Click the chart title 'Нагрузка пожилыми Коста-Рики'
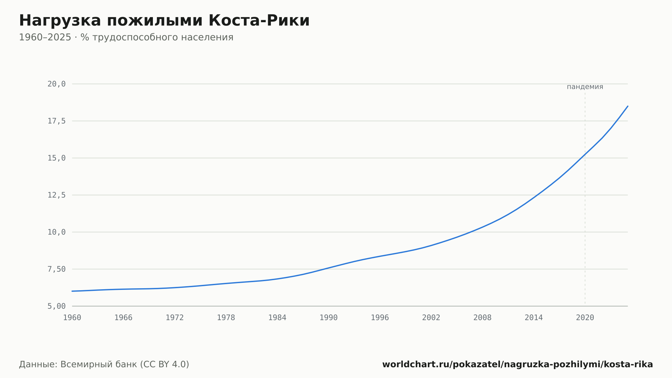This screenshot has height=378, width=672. point(164,21)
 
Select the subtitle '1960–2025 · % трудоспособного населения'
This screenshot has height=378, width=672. point(126,37)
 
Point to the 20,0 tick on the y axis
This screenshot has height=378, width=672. point(56,84)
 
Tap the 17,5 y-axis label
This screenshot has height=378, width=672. point(56,121)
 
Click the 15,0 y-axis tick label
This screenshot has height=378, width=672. point(56,158)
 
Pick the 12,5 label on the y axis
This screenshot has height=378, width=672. point(56,195)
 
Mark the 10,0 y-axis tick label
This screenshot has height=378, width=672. point(56,232)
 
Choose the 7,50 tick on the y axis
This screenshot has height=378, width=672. point(56,269)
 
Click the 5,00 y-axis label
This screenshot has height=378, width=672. point(56,306)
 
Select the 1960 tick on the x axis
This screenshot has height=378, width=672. point(72,318)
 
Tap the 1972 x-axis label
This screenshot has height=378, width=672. point(175,318)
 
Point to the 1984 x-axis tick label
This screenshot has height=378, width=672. point(277,318)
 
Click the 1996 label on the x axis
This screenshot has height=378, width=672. point(380,318)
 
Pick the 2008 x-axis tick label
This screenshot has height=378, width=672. point(482,318)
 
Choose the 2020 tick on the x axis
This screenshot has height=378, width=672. point(585,318)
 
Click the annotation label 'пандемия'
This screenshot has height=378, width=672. point(585,87)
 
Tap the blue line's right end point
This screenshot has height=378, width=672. point(628,106)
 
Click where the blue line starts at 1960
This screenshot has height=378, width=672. point(72,291)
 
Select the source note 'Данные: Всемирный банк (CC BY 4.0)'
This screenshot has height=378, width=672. point(104,364)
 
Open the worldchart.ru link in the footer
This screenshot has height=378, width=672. point(517,364)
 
